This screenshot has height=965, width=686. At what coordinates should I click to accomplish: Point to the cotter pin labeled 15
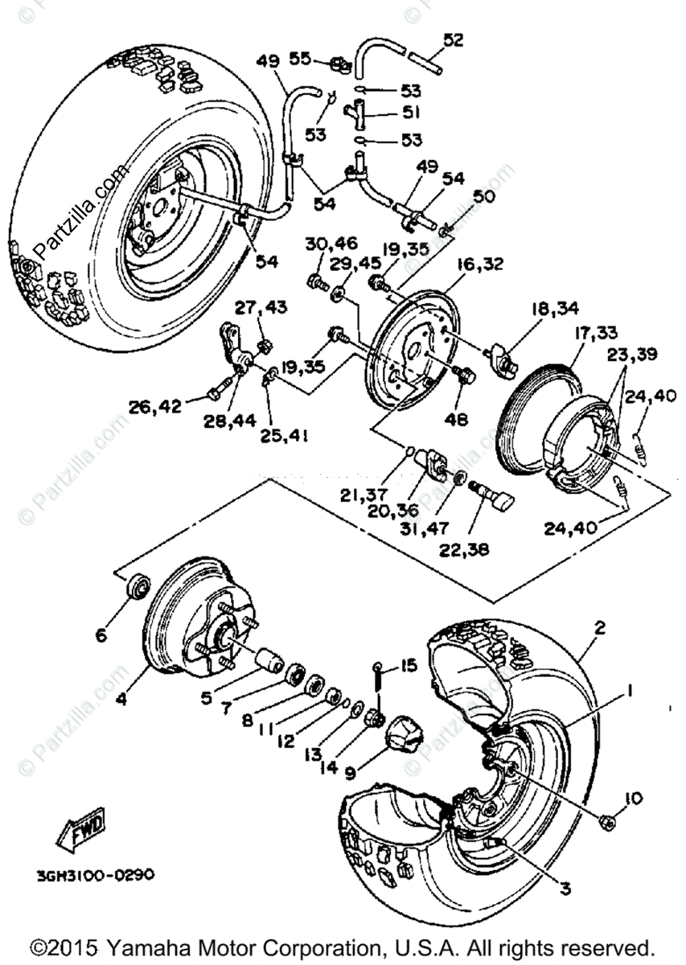(x=377, y=684)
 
